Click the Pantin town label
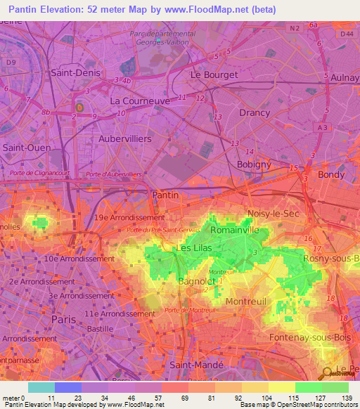point(165,195)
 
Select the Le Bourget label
point(214,74)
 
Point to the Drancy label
point(255,112)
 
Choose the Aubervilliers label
point(125,139)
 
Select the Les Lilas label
point(194,248)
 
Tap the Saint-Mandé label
point(197,365)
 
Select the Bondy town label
point(330,174)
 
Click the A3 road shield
point(323,127)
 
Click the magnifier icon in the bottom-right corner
point(327,373)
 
